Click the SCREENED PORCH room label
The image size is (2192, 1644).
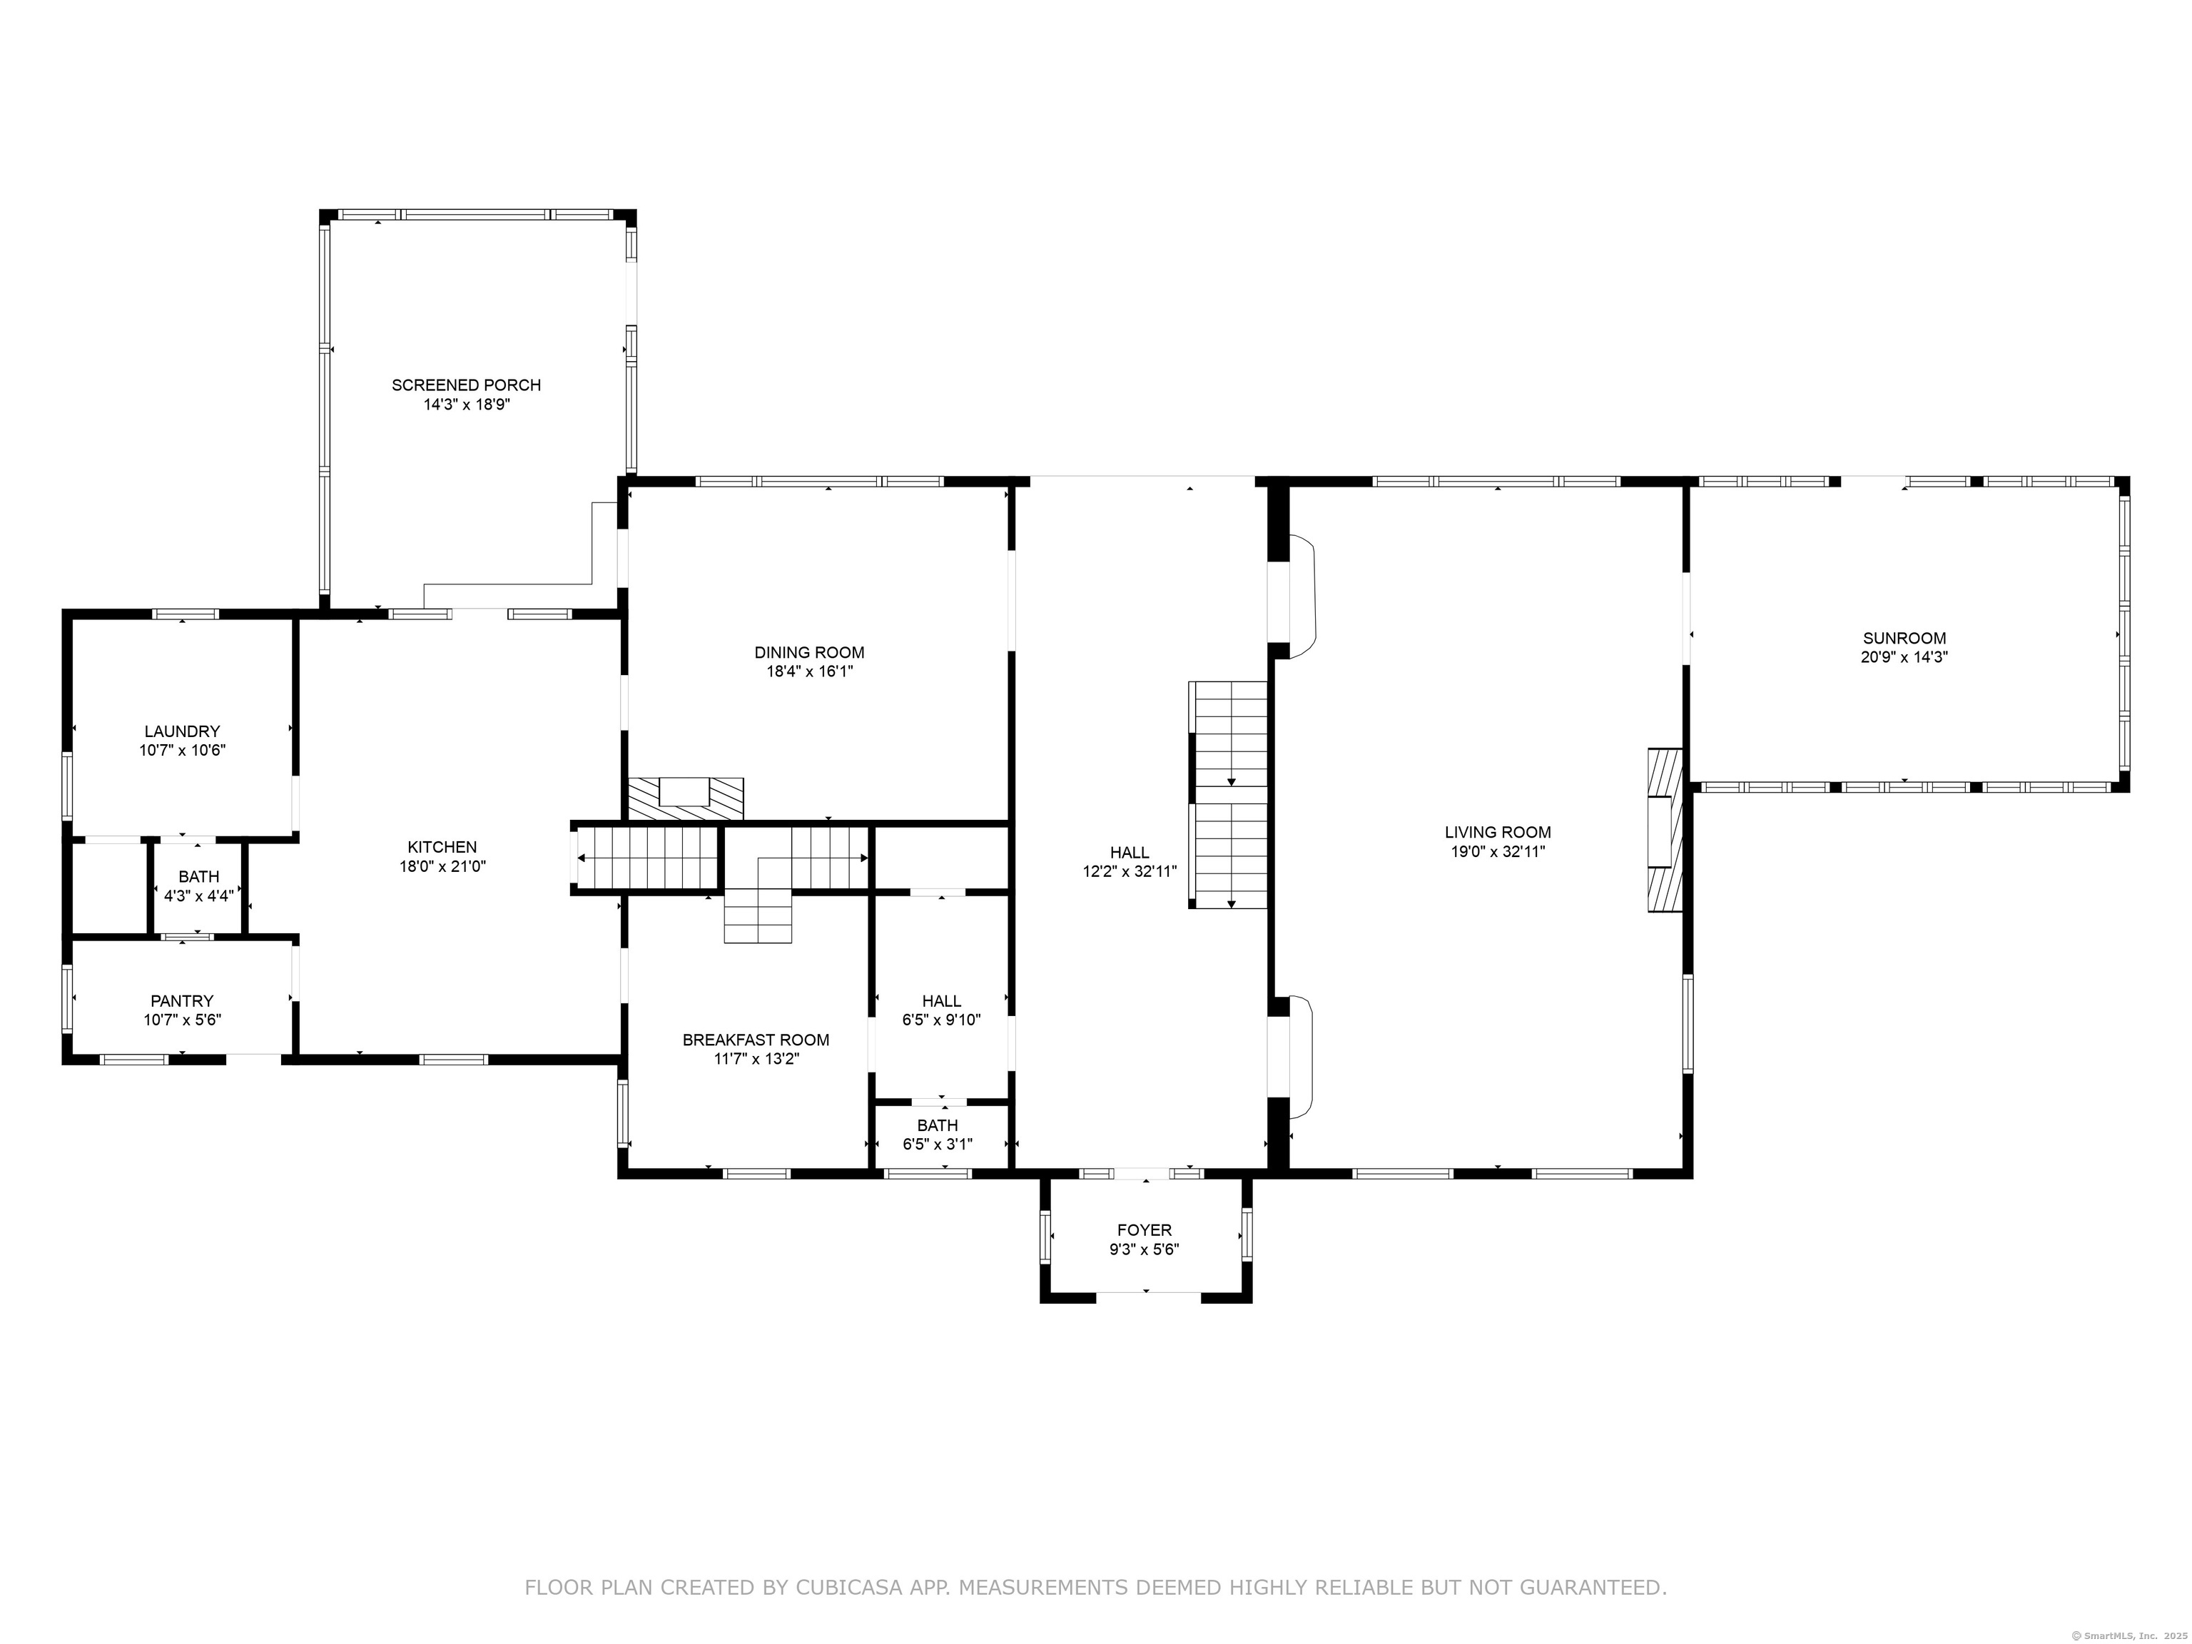tap(466, 385)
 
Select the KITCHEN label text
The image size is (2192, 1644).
tap(442, 847)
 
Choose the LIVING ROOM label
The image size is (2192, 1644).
tap(1497, 833)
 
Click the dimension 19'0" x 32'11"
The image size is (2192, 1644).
tap(1497, 852)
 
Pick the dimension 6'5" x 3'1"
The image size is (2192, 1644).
tap(938, 1145)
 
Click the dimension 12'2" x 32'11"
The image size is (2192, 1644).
tap(1130, 872)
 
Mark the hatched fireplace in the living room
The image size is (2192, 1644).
tap(1665, 831)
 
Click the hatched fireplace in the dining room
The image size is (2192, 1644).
tap(685, 798)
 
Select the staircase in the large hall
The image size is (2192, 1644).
tap(1229, 795)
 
